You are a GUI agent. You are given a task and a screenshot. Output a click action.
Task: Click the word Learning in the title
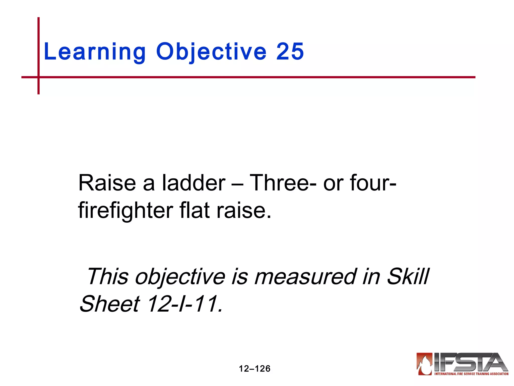click(x=94, y=52)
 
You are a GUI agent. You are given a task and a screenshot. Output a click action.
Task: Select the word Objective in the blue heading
click(x=211, y=52)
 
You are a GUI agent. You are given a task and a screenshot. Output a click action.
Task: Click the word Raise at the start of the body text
click(x=107, y=183)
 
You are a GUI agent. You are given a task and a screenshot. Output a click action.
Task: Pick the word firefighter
click(x=125, y=211)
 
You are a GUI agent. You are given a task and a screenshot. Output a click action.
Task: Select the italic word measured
click(x=305, y=276)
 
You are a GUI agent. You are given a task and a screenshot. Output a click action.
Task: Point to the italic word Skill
click(x=408, y=276)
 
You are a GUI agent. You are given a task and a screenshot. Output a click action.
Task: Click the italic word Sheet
click(x=110, y=304)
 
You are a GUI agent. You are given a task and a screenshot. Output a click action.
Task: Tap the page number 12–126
click(x=254, y=369)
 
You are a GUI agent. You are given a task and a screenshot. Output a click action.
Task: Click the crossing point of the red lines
click(x=39, y=77)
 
